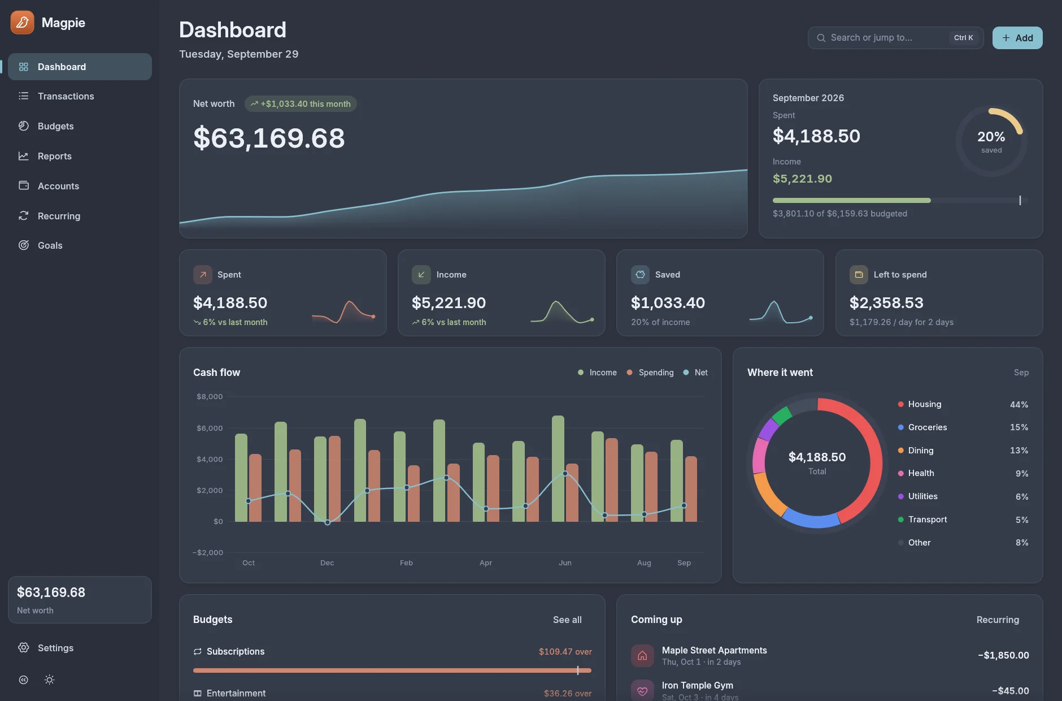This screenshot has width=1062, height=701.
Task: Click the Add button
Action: pyautogui.click(x=1017, y=38)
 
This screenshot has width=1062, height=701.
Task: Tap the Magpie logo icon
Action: pyautogui.click(x=22, y=23)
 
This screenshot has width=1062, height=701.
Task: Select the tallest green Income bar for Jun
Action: pyautogui.click(x=558, y=469)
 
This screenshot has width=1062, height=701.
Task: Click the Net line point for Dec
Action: pyautogui.click(x=328, y=522)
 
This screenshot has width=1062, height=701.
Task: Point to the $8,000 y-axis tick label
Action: pyautogui.click(x=210, y=397)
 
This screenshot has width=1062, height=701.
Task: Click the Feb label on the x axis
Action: pyautogui.click(x=406, y=563)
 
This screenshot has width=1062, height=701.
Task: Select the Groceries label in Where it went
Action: pyautogui.click(x=928, y=427)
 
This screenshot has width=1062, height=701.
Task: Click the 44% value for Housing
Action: pyautogui.click(x=1019, y=405)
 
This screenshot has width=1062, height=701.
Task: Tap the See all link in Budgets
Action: pyautogui.click(x=567, y=620)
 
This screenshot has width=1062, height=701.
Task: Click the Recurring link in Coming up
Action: pyautogui.click(x=998, y=620)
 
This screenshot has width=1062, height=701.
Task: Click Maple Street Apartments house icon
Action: pyautogui.click(x=642, y=656)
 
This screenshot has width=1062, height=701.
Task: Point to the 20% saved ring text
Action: pyautogui.click(x=991, y=141)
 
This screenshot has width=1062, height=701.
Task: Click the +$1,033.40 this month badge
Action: pyautogui.click(x=301, y=104)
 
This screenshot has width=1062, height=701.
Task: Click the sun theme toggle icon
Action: pyautogui.click(x=50, y=680)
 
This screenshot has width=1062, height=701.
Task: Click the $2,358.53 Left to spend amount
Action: pyautogui.click(x=886, y=303)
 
